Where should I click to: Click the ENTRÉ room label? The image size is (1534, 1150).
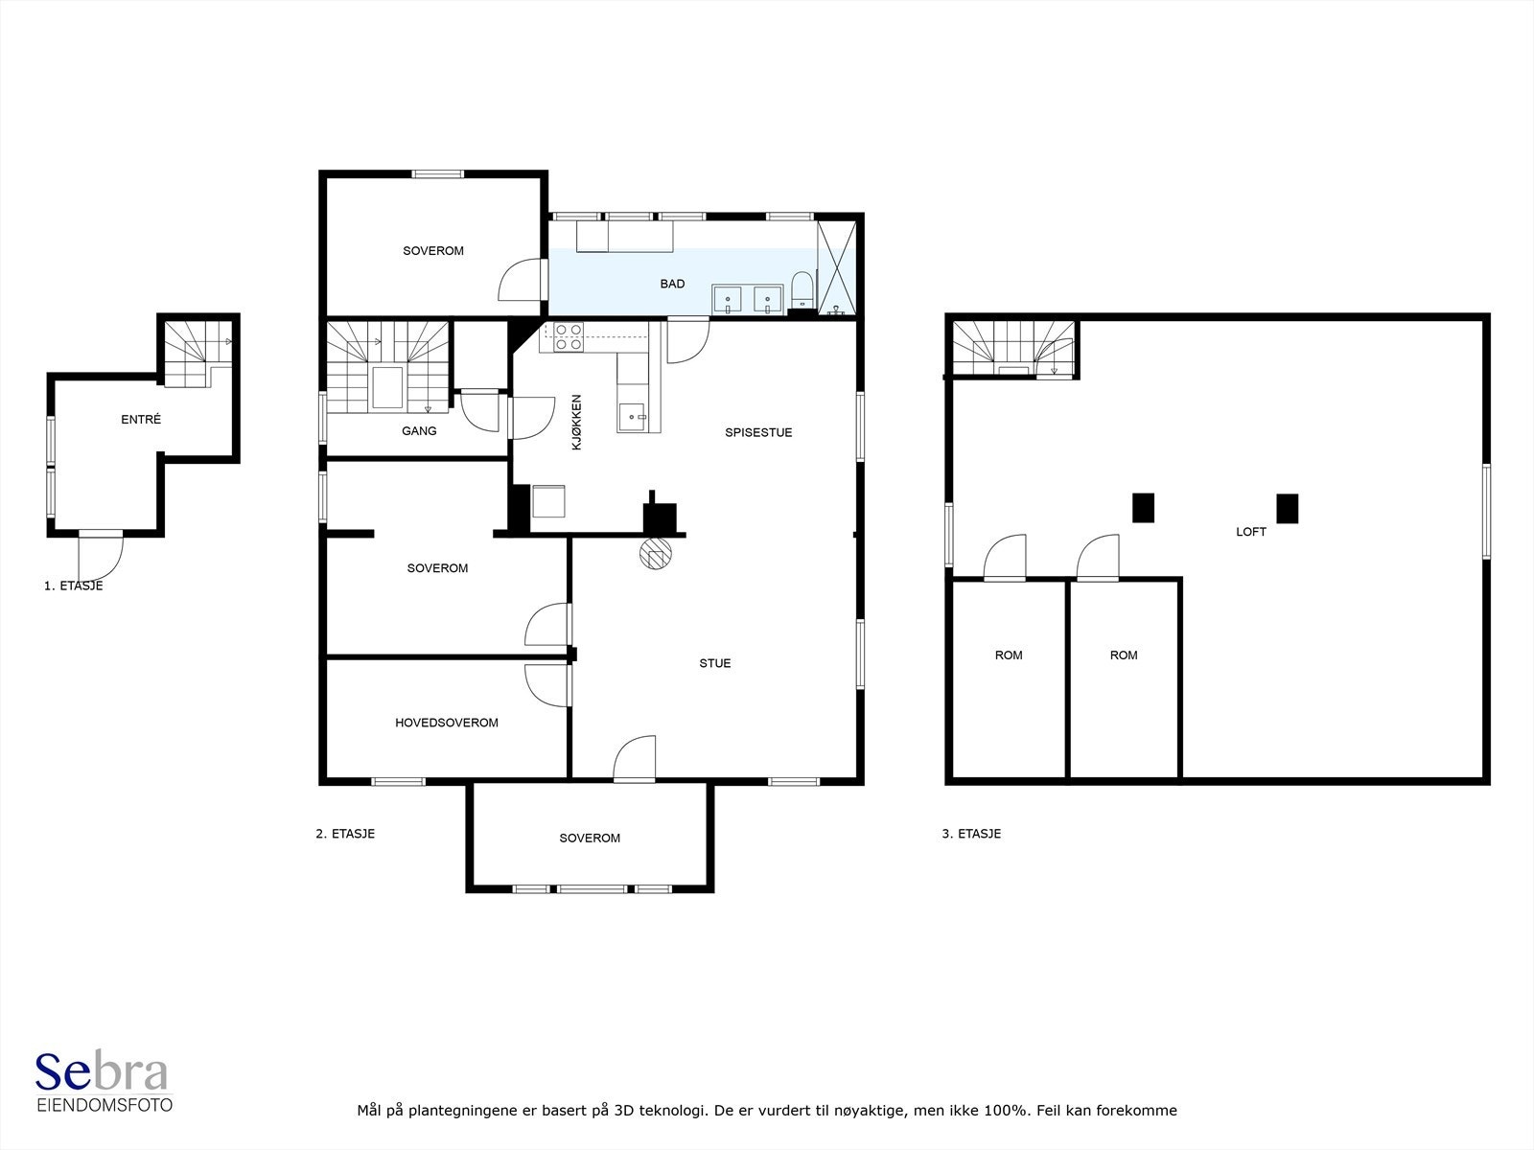(x=141, y=420)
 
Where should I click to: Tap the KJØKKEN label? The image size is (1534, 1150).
(x=576, y=423)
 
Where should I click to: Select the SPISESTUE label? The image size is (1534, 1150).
(x=758, y=433)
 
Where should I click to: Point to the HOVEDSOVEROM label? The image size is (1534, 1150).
(x=447, y=723)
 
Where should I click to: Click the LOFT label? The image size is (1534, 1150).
(x=1251, y=532)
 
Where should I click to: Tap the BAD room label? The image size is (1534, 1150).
(x=672, y=285)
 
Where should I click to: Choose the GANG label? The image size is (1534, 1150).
(x=419, y=431)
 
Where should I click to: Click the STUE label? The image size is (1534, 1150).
(x=715, y=663)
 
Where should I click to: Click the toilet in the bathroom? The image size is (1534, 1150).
(x=802, y=289)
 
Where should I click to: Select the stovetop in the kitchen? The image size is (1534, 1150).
(x=569, y=336)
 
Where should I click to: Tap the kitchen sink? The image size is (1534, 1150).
(x=632, y=418)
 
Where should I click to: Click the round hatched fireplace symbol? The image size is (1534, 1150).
(x=656, y=555)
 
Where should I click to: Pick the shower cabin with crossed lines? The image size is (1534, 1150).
(x=837, y=267)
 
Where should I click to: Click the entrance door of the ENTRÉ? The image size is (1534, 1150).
(x=101, y=555)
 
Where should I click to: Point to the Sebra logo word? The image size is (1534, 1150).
(x=102, y=1073)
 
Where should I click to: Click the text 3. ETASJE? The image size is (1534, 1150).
(x=971, y=834)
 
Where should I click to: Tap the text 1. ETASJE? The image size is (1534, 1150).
(x=74, y=586)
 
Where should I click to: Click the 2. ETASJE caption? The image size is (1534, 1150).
(x=345, y=834)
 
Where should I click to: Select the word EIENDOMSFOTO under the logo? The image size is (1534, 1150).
(x=105, y=1105)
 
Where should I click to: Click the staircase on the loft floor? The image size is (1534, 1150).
(x=1013, y=349)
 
